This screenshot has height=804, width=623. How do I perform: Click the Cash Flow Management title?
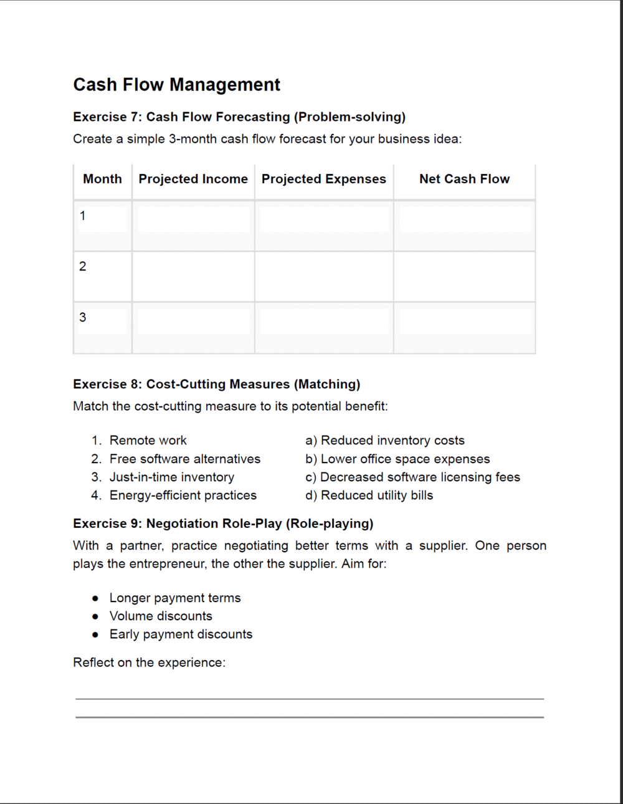[x=176, y=85]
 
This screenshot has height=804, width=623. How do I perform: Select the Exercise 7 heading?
[x=239, y=117]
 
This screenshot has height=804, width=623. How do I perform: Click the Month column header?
[x=102, y=179]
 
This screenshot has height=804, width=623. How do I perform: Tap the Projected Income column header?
[x=193, y=179]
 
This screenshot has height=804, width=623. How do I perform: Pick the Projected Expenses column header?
[x=324, y=179]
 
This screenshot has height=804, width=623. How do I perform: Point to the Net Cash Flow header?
[x=464, y=179]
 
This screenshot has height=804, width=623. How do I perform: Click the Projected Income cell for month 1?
[x=193, y=224]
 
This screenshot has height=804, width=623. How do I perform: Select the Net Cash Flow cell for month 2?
[x=464, y=276]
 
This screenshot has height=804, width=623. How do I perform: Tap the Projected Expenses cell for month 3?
[x=324, y=327]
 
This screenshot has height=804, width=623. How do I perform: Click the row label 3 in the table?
[x=83, y=318]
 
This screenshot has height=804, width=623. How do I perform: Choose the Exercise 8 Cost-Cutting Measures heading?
[x=216, y=385]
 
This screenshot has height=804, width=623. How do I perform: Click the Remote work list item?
[x=148, y=441]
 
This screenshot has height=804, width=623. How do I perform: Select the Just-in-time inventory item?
[x=171, y=477]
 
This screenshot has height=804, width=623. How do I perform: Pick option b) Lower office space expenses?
[x=397, y=459]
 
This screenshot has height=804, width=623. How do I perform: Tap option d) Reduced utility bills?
[x=369, y=495]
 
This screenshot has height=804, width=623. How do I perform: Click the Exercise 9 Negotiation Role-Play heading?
[x=223, y=524]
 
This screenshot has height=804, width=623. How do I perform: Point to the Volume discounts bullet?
[x=161, y=616]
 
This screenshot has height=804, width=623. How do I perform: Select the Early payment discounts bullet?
[x=181, y=634]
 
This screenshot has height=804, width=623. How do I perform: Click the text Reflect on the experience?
[x=149, y=663]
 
